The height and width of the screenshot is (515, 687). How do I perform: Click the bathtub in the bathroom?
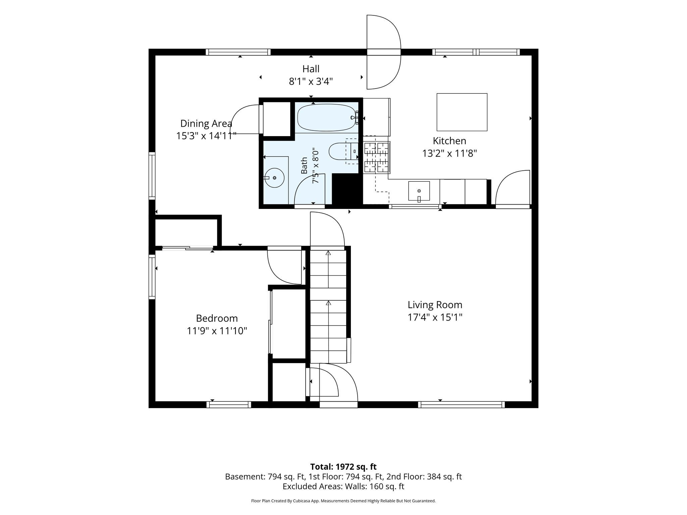click(326, 118)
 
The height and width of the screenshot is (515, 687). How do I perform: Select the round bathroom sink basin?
click(274, 178)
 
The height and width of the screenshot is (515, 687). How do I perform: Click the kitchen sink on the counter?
click(419, 191)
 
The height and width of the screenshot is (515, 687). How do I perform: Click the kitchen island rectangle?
click(462, 112)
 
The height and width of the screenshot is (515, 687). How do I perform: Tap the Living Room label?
click(435, 305)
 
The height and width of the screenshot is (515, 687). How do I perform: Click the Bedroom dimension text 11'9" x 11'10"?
click(217, 331)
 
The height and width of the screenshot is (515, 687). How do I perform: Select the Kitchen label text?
click(450, 140)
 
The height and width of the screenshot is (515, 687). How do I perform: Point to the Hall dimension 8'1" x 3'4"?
click(311, 81)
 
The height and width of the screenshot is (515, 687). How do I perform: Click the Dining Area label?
click(206, 123)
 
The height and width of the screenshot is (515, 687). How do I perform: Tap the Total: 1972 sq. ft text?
click(343, 467)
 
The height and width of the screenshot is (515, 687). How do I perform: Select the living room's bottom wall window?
click(462, 405)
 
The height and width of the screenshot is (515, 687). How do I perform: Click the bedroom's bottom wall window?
click(229, 405)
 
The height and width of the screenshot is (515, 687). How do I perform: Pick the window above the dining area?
click(238, 52)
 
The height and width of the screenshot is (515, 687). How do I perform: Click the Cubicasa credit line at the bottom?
click(343, 501)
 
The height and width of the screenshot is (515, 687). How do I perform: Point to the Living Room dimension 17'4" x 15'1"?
click(435, 317)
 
